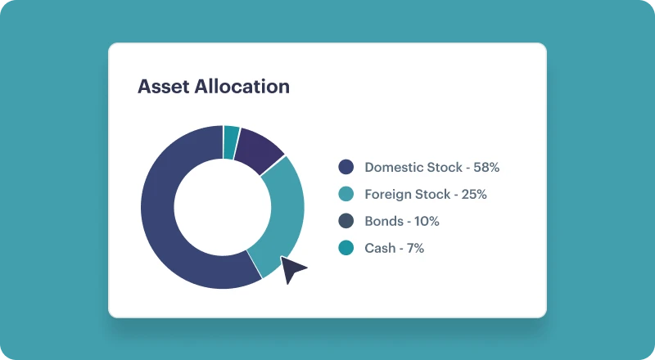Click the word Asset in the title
pyautogui.click(x=164, y=87)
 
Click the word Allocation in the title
pyautogui.click(x=242, y=87)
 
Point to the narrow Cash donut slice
pyautogui.click(x=231, y=142)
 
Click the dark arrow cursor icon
pyautogui.click(x=292, y=269)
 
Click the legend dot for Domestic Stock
pyautogui.click(x=346, y=167)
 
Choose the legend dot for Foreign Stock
pyautogui.click(x=346, y=194)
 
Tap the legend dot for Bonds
pyautogui.click(x=346, y=221)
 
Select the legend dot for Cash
pyautogui.click(x=346, y=248)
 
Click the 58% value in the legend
pyautogui.click(x=486, y=167)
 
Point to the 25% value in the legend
pyautogui.click(x=474, y=194)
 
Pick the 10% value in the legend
pyautogui.click(x=427, y=221)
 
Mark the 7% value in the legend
pyautogui.click(x=416, y=248)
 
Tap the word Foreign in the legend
pyautogui.click(x=386, y=195)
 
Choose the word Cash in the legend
pyautogui.click(x=380, y=248)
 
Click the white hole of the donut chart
pyautogui.click(x=223, y=207)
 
